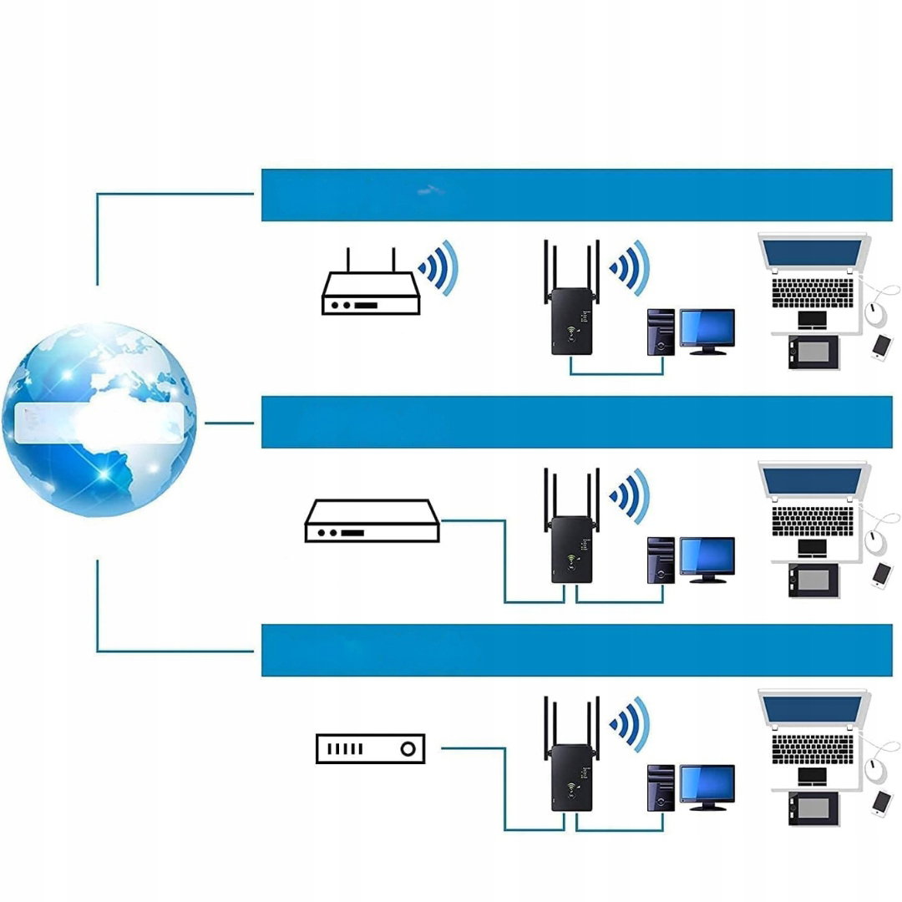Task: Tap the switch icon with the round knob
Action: (370, 748)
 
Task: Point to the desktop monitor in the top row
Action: (707, 328)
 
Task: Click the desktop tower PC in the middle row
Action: (661, 560)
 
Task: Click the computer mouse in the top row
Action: (875, 315)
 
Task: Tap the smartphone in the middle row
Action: (881, 574)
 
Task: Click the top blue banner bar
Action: (576, 195)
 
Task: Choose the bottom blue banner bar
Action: (576, 650)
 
